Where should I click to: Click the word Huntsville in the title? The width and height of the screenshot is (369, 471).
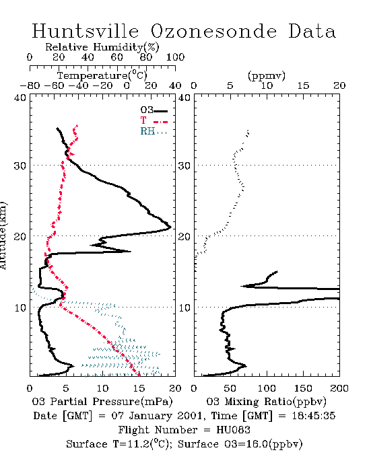pos(86,31)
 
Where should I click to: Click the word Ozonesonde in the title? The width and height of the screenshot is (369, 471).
pos(213,31)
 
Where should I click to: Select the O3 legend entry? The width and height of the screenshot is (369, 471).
pos(154,110)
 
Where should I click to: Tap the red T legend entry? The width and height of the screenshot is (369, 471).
pos(154,120)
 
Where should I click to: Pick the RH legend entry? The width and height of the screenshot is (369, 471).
pos(154,131)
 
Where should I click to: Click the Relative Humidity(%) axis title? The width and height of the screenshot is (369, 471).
pos(102,48)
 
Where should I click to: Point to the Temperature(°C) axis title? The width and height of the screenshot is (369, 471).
pos(102,75)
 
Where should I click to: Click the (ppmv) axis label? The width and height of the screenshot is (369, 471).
pos(267,75)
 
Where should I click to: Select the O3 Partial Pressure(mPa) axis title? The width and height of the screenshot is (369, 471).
pos(102,402)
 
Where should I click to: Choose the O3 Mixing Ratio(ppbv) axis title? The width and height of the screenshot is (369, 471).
pos(266,402)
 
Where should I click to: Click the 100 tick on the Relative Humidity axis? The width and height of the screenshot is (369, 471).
pos(175,57)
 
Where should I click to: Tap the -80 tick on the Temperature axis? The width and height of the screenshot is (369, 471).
pos(30,85)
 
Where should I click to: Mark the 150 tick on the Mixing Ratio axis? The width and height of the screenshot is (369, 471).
pos(303,388)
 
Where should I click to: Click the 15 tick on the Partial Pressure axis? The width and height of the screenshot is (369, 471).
pos(139,388)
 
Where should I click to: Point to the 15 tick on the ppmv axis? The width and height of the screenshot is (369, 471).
pos(303,85)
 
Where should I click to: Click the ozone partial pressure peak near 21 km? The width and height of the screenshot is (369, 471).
pos(170,227)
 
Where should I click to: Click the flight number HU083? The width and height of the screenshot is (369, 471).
pos(233,430)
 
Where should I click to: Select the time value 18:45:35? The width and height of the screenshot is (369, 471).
pos(313,416)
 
